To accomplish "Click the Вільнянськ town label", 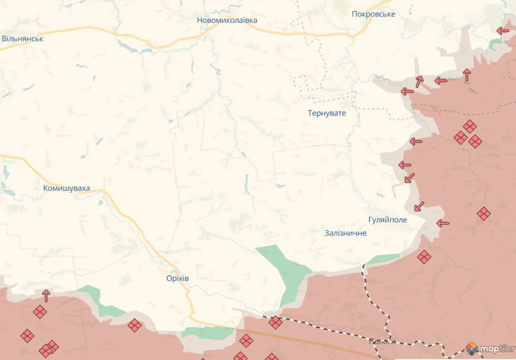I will pos(23,38).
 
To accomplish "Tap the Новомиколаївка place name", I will pos(227,20).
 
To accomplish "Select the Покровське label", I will pos(373,14).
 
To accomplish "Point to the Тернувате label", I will pos(327,113).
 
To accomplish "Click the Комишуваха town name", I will pos(67,189).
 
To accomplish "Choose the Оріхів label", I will pos(177,278).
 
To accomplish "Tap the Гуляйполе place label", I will pos(388,220).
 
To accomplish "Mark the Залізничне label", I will pos(346,233).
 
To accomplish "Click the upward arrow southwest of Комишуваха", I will pos(46,295).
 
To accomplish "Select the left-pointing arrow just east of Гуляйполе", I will pos(442,223).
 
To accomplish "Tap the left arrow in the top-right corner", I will pos(502,31).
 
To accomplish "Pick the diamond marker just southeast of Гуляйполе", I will pos(424,257).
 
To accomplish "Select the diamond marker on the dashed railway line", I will pos(275,322).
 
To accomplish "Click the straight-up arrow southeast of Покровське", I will pos(467,75).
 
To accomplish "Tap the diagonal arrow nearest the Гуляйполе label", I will pos(418,207).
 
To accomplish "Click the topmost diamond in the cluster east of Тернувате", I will pos(470,126).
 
